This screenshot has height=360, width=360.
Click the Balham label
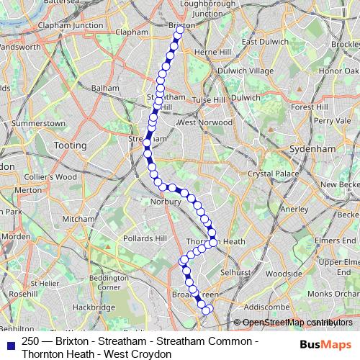(104, 88)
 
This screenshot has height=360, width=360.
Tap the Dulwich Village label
(246, 71)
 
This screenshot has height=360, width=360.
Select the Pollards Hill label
(145, 238)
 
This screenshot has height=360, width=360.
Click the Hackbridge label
(89, 307)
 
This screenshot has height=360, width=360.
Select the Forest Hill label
(309, 107)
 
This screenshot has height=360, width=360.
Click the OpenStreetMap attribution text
(292, 323)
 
